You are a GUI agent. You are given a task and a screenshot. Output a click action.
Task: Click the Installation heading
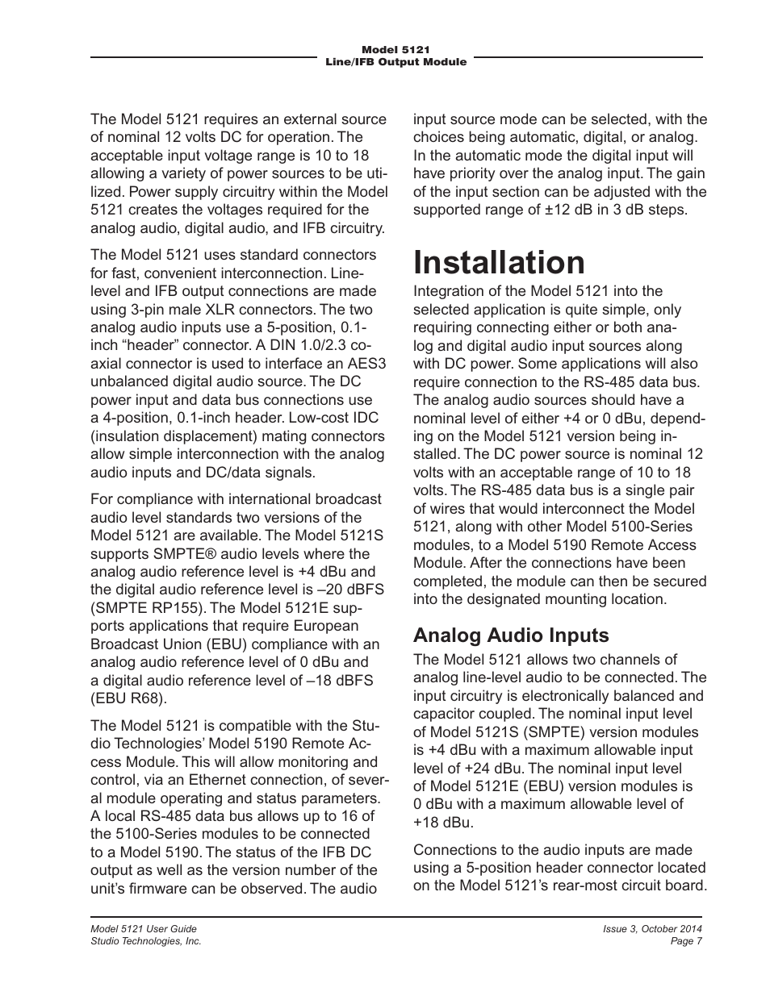pyautogui.click(x=499, y=263)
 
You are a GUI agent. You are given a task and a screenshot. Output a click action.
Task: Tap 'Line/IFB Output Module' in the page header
pyautogui.click(x=395, y=62)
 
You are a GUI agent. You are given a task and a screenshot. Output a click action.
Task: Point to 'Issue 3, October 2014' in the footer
pyautogui.click(x=652, y=929)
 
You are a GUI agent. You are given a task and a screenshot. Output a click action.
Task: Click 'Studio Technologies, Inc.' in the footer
pyautogui.click(x=145, y=941)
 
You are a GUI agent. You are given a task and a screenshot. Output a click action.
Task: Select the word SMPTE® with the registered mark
pyautogui.click(x=178, y=554)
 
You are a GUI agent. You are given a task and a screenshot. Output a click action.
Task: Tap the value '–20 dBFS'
pyautogui.click(x=343, y=590)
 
